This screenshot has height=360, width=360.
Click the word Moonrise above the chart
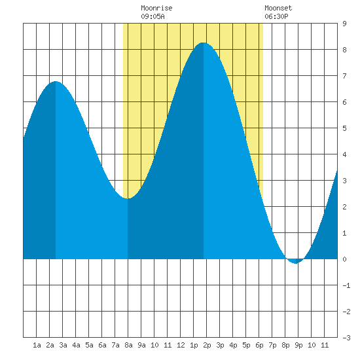[156, 8]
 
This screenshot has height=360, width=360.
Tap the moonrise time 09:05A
[153, 16]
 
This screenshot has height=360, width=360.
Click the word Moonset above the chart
[278, 8]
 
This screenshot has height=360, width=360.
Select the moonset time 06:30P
[276, 16]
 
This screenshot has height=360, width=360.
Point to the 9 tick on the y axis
[344, 24]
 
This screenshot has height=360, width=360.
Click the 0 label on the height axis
[344, 259]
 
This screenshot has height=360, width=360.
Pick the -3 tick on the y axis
[346, 338]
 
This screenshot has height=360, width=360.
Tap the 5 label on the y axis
[344, 128]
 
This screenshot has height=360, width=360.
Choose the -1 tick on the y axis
[346, 285]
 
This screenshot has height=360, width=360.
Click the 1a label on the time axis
[37, 345]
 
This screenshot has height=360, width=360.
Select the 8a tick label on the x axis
[128, 345]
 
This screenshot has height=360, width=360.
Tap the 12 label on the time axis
[181, 345]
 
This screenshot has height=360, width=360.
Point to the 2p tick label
[207, 345]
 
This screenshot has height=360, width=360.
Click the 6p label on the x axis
[259, 345]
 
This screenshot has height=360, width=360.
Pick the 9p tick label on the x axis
[298, 345]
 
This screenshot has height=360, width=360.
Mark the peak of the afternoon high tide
[204, 43]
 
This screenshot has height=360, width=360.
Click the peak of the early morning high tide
[56, 82]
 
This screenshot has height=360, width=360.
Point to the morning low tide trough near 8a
[128, 198]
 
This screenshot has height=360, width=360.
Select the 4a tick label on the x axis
[76, 345]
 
